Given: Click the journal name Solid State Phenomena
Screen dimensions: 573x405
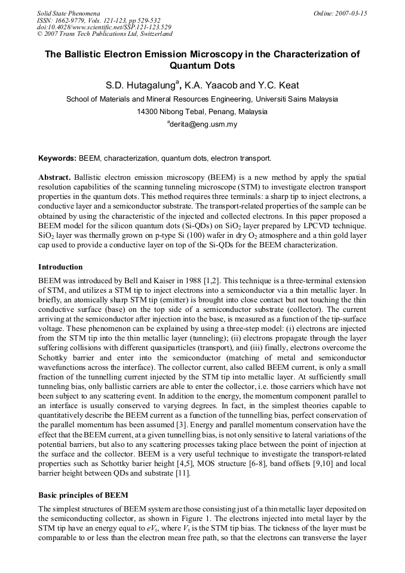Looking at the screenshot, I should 68,13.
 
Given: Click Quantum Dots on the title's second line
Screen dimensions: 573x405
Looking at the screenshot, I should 202,66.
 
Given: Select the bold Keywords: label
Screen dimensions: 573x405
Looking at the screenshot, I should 57,158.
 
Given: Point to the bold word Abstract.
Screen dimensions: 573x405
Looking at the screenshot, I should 54,177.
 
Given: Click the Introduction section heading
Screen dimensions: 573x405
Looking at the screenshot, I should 60,266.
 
